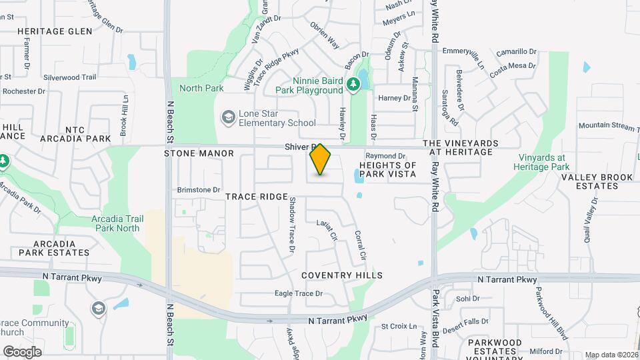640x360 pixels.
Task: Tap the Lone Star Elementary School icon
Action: tap(229, 117)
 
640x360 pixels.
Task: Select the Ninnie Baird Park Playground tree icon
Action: tap(354, 85)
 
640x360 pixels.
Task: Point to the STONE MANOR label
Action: tap(199, 153)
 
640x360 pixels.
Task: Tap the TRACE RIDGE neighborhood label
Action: tap(256, 197)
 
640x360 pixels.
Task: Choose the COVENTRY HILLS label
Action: tap(342, 275)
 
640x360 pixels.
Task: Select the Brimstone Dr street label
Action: tap(199, 190)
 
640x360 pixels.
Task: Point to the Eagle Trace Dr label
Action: tap(299, 293)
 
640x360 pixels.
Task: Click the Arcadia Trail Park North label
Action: tap(116, 223)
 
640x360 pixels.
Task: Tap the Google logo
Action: tap(22, 351)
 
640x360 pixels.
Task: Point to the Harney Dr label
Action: tap(395, 98)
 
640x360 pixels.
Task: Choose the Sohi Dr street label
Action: tap(464, 299)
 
